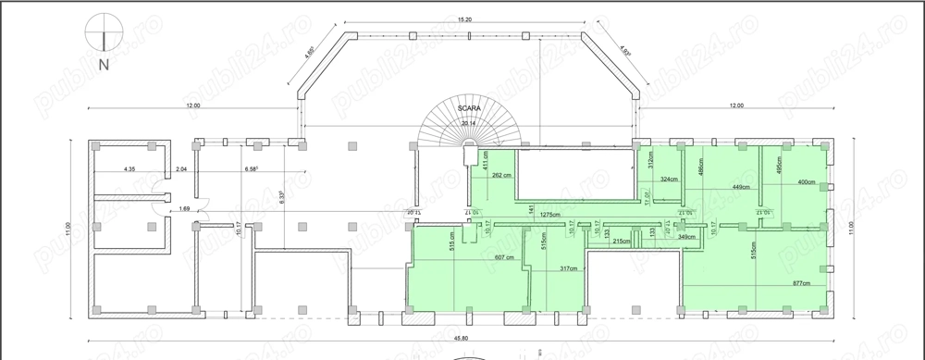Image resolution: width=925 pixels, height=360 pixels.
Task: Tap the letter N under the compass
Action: [105, 66]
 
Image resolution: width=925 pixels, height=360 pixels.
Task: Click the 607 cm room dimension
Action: [504, 257]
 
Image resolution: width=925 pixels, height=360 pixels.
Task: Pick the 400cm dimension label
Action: [805, 182]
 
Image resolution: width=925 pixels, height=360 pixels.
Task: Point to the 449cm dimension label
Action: [740, 188]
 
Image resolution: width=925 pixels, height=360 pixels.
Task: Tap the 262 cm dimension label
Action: [502, 175]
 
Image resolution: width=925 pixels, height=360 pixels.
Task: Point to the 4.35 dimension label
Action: [130, 169]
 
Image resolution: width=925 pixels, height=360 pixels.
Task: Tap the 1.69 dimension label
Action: [184, 209]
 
